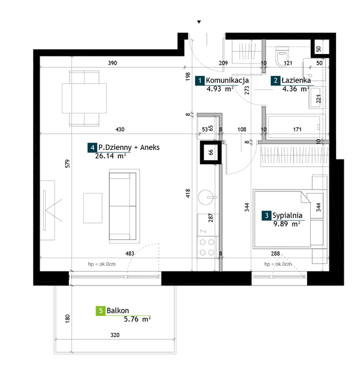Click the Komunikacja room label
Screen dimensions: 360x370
point(227,80)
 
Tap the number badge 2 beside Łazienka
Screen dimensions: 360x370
point(275,80)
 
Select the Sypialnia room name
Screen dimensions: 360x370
point(287,215)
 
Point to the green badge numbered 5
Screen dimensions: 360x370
point(101,311)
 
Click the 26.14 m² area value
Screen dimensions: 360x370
point(110,156)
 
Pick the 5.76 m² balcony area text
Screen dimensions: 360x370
point(137,319)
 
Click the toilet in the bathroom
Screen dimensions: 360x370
point(282,56)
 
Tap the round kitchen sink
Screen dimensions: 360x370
point(206,197)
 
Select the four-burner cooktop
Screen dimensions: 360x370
point(207,247)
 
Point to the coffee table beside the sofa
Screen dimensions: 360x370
point(93,208)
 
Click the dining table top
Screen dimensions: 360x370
point(84,98)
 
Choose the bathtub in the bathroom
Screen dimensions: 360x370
point(293,127)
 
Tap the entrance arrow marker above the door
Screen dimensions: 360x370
point(199,22)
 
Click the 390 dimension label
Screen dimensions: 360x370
point(112,63)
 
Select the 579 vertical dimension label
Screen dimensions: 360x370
point(68,164)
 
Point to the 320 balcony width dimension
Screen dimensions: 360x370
point(115,335)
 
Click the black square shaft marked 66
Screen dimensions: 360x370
point(211,152)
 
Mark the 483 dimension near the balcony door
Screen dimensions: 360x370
point(130,254)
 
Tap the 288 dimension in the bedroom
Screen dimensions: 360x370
point(275,254)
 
